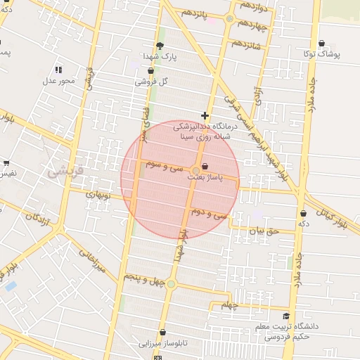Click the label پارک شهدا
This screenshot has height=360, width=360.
(x=160, y=56)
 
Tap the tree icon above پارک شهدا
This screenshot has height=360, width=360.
(x=160, y=45)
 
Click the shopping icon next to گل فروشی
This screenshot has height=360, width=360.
(x=139, y=82)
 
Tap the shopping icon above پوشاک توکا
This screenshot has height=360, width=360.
(x=322, y=43)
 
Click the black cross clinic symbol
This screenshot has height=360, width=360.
(x=205, y=115)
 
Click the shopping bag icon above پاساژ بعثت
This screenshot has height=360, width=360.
(x=205, y=167)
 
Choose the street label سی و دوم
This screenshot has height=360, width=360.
(x=210, y=214)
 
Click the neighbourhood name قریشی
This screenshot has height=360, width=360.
(x=64, y=170)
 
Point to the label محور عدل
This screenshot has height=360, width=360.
(x=58, y=81)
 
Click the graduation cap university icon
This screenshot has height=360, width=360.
(x=285, y=316)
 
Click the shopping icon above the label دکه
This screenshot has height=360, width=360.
(x=303, y=213)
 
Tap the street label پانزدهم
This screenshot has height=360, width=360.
(x=197, y=14)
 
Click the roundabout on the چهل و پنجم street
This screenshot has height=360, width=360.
(x=171, y=284)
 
